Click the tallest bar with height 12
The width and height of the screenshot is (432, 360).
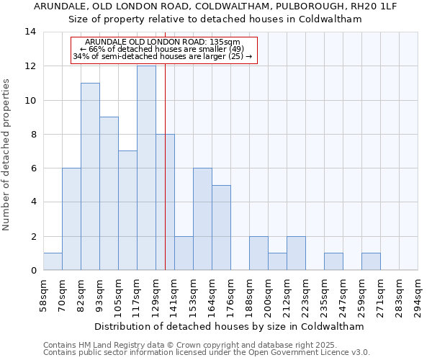[x=146, y=168]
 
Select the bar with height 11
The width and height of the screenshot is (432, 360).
[x=90, y=176]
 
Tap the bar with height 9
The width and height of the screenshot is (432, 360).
[x=109, y=194]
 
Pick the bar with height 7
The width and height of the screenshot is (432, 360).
[x=127, y=210]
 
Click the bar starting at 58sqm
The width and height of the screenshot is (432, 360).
[x=53, y=261]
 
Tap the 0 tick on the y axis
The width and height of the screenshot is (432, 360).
[x=33, y=270]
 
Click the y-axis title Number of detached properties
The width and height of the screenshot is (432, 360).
[x=7, y=155]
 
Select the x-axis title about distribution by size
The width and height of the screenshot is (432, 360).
[x=229, y=326]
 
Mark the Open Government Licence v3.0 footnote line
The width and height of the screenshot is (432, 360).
[x=206, y=352]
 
